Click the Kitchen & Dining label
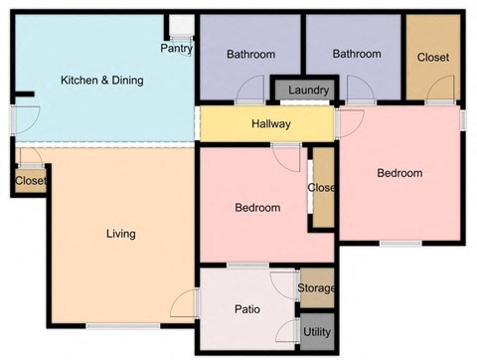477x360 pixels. (x=101, y=80)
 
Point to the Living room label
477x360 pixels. (x=120, y=234)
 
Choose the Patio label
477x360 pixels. (x=247, y=309)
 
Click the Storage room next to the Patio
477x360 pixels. (x=316, y=288)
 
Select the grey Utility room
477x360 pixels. (x=317, y=331)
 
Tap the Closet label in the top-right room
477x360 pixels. (x=432, y=58)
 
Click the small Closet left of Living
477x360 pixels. (x=30, y=181)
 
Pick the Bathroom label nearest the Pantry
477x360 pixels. (x=250, y=54)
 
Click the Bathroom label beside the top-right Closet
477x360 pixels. (x=357, y=54)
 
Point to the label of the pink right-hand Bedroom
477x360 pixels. (x=399, y=173)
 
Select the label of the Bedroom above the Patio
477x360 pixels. (x=256, y=208)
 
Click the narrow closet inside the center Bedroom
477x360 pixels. (x=322, y=189)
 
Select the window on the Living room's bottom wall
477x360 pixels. (x=122, y=326)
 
